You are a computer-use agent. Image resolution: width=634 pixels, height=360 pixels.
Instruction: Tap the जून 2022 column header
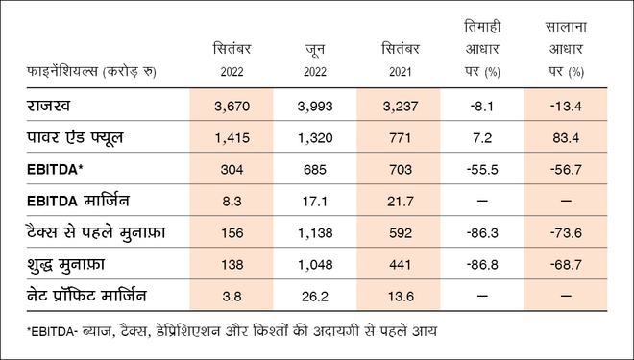[x=315, y=60]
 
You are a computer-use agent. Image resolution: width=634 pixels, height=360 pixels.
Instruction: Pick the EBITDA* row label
[x=54, y=170]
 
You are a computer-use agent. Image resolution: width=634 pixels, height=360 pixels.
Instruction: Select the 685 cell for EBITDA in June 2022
[x=315, y=170]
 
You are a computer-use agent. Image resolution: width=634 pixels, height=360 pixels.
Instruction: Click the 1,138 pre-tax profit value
[x=315, y=235]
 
